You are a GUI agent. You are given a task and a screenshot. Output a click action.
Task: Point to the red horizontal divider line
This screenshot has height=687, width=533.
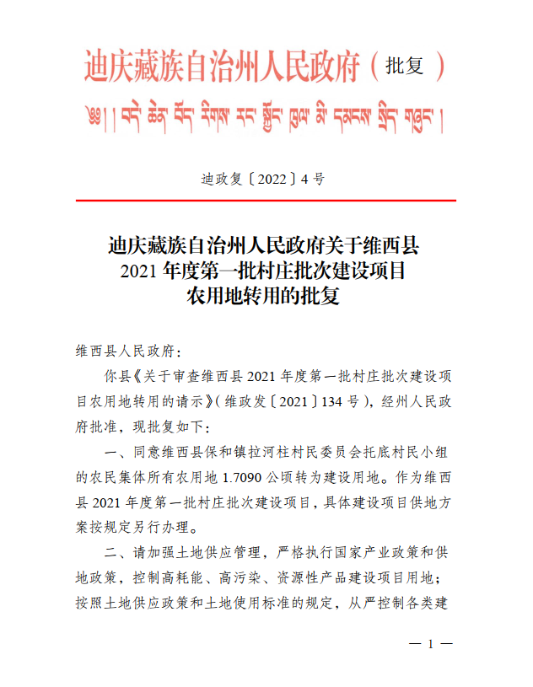point(266,201)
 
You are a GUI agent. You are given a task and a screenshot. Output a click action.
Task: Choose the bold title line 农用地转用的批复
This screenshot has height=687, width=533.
point(266,297)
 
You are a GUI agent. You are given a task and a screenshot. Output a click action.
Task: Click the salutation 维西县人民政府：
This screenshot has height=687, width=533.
point(122,350)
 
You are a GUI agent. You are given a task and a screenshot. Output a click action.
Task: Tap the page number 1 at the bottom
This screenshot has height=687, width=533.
point(430,645)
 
